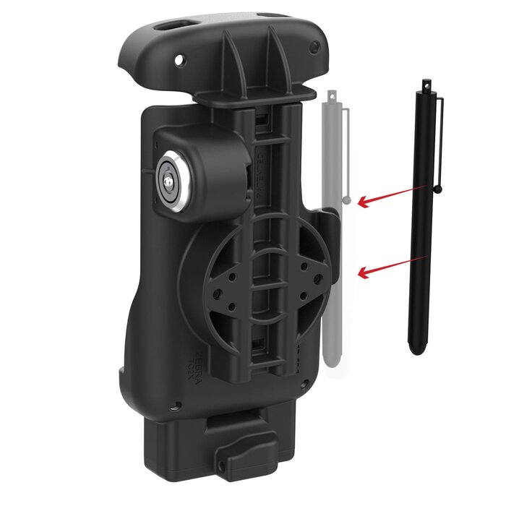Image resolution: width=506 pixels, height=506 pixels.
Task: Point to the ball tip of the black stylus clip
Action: coord(439,189)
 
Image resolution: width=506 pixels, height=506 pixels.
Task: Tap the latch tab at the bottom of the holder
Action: coord(243,446)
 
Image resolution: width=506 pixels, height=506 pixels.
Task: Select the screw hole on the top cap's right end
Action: coord(314,47)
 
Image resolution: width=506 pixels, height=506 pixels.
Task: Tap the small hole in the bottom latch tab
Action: coord(220,457)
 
